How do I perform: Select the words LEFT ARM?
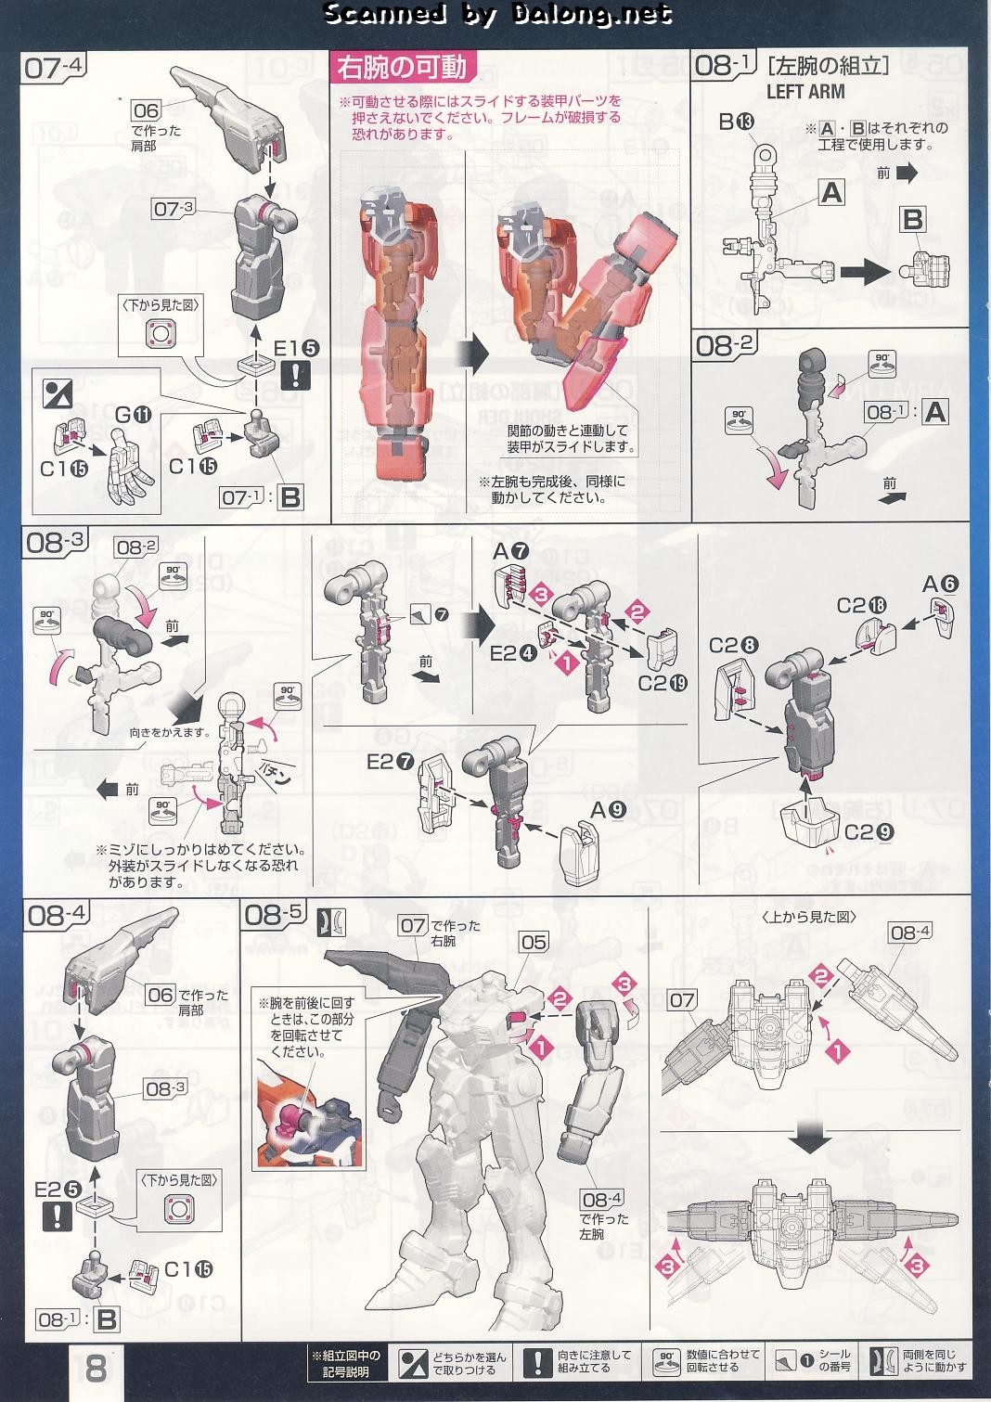coord(805,92)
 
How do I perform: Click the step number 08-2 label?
coord(725,346)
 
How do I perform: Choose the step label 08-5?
coord(273,915)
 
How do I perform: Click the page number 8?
coord(97,1368)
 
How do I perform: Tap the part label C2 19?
coord(663,683)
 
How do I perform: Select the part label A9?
coord(609,810)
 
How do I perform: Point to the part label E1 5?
coord(296,349)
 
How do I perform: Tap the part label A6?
coord(940,584)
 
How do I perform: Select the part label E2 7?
coord(390,762)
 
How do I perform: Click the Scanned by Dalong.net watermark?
coord(496,13)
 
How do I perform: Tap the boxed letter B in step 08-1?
coord(913,219)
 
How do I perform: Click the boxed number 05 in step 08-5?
coord(534,943)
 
